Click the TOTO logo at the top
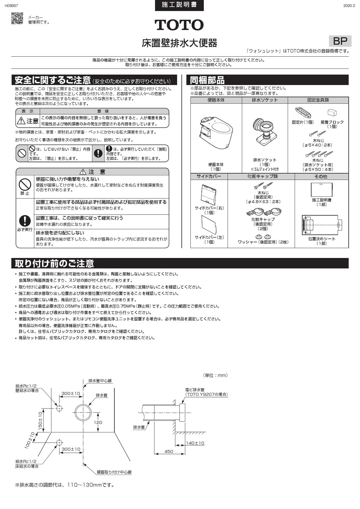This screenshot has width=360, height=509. [179, 25]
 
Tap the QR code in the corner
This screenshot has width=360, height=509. [17, 18]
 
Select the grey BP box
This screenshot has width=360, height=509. [340, 41]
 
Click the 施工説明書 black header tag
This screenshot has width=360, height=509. [179, 5]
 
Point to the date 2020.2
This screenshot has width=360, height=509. [349, 6]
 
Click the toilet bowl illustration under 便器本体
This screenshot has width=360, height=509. [216, 133]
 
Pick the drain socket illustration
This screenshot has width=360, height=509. [264, 133]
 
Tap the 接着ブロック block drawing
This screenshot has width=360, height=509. [332, 113]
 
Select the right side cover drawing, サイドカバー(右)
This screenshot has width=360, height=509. [208, 194]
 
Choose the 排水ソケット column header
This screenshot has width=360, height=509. [265, 100]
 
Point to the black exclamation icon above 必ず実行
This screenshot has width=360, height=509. [25, 221]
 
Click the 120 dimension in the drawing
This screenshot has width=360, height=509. [98, 422]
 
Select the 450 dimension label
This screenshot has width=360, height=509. [169, 451]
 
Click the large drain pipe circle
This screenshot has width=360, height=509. [83, 412]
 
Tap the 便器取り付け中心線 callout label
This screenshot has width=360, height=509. [114, 472]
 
